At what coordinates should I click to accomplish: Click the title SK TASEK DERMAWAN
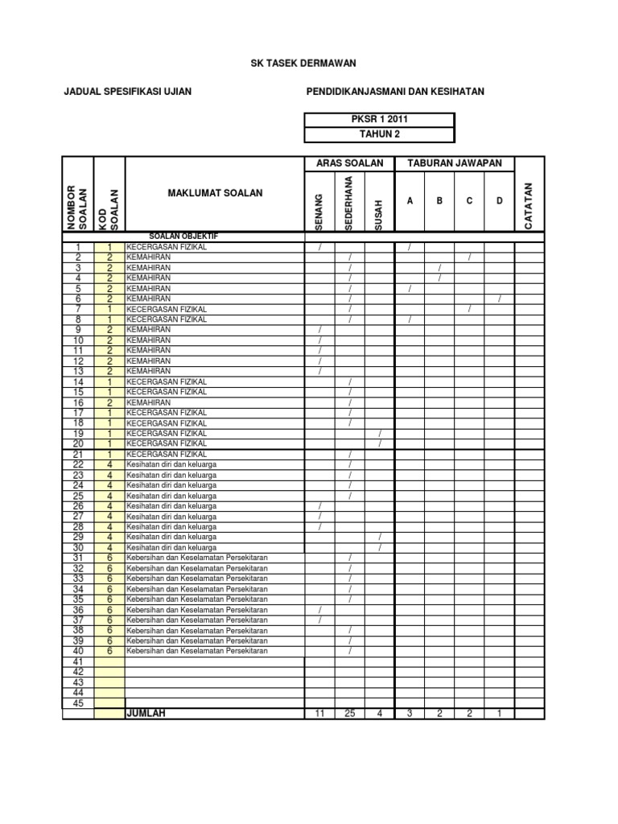click(x=309, y=63)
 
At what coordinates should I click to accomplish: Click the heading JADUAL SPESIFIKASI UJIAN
click(x=127, y=92)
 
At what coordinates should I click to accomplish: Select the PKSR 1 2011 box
click(x=379, y=120)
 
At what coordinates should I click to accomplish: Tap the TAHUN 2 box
click(x=379, y=134)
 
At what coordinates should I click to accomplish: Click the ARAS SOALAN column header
click(x=349, y=163)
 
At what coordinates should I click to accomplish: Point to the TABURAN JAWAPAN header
click(x=455, y=163)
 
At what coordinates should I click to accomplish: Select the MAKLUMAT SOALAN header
click(x=215, y=193)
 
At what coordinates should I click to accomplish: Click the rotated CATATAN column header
click(x=529, y=206)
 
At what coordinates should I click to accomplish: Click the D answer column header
click(x=499, y=200)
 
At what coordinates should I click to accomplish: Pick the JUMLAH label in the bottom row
click(x=145, y=713)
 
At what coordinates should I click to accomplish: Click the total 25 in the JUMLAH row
click(x=349, y=713)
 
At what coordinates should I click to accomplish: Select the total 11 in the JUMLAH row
click(x=319, y=713)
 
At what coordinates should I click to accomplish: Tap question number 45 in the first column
click(x=78, y=702)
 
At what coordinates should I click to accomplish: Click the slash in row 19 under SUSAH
click(x=379, y=433)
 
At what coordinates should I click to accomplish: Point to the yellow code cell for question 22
click(x=109, y=464)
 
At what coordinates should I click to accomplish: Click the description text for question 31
click(x=197, y=558)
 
